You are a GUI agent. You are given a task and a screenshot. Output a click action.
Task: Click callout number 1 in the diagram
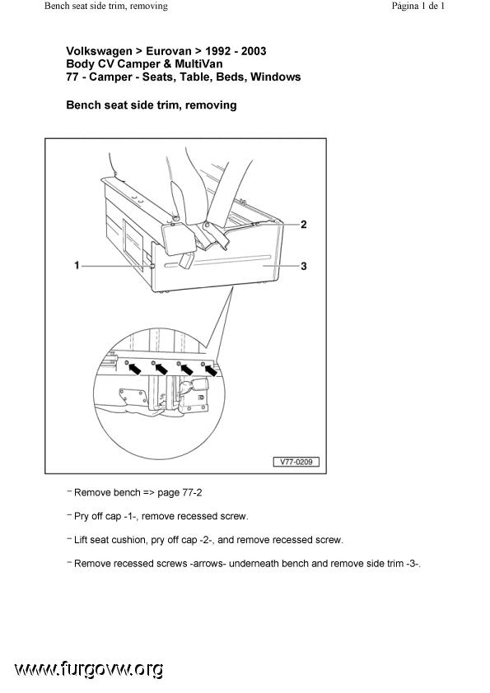(x=77, y=265)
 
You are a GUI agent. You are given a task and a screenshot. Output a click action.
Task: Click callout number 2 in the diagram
(x=303, y=225)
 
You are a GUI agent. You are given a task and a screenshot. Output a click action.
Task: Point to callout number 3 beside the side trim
(x=303, y=266)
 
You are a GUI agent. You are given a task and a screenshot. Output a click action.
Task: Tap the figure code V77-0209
(x=296, y=462)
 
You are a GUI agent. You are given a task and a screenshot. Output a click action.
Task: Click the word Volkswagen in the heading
(x=99, y=51)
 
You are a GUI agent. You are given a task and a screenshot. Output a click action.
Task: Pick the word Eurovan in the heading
(x=169, y=51)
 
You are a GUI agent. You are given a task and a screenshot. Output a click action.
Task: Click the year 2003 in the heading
(x=254, y=51)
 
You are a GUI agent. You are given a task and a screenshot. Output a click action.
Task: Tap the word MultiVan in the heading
(x=198, y=63)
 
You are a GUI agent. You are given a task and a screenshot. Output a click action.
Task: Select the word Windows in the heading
(x=276, y=77)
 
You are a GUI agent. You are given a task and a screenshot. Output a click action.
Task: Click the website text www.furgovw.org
(x=88, y=670)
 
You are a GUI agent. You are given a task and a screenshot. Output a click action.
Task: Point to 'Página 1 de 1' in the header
(x=418, y=6)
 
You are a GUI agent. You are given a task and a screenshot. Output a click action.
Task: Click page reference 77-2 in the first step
(x=192, y=492)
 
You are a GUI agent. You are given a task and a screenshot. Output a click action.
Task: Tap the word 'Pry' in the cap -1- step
(x=82, y=516)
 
